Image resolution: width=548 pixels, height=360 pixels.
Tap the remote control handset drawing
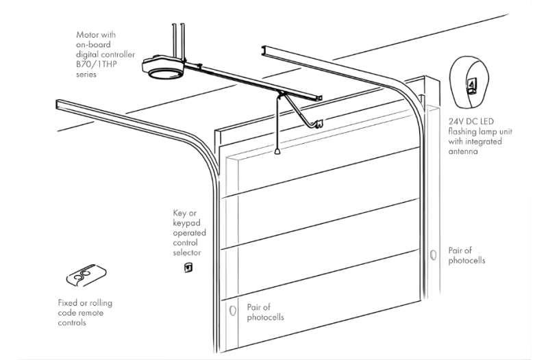pyautogui.click(x=86, y=276)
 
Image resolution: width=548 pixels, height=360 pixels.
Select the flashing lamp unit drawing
pyautogui.click(x=469, y=83)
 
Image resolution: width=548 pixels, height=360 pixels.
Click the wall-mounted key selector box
pyautogui.click(x=188, y=268)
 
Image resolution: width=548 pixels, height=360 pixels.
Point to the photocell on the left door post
pyautogui.click(x=232, y=311)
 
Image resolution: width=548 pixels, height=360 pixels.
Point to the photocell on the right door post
pyautogui.click(x=433, y=255)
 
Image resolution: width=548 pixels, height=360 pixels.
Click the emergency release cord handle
pyautogui.click(x=277, y=151)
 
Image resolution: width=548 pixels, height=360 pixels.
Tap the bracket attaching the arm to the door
pyautogui.click(x=319, y=124)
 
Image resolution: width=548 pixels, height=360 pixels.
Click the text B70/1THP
pyautogui.click(x=97, y=64)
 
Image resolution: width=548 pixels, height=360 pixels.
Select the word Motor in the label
pyautogui.click(x=86, y=35)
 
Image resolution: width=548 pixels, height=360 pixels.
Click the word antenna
pyautogui.click(x=463, y=151)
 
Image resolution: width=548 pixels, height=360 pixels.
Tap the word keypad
pyautogui.click(x=186, y=223)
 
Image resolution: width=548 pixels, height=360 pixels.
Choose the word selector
pyautogui.click(x=187, y=253)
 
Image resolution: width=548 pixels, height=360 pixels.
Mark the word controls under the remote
pyautogui.click(x=72, y=322)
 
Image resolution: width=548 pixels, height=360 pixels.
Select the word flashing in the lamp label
pyautogui.click(x=462, y=131)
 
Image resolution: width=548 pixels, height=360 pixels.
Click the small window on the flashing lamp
pyautogui.click(x=472, y=86)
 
